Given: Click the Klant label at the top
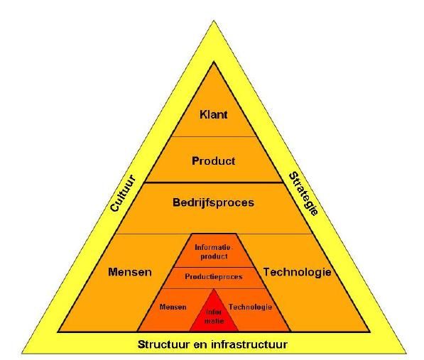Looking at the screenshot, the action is click(x=213, y=114).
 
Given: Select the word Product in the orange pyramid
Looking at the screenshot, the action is click(x=213, y=161).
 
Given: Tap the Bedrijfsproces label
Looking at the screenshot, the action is click(x=213, y=202).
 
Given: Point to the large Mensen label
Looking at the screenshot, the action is click(x=130, y=272).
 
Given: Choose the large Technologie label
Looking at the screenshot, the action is click(x=297, y=272).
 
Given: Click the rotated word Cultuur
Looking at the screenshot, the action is click(x=122, y=193).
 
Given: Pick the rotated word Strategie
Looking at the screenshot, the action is click(x=303, y=194).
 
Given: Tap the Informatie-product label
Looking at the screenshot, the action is click(x=214, y=251).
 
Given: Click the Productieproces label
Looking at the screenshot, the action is click(x=214, y=277).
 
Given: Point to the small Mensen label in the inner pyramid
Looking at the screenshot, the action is click(x=173, y=307).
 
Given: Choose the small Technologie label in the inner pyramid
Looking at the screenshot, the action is click(x=250, y=307).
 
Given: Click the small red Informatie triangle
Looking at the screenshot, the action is click(x=214, y=315).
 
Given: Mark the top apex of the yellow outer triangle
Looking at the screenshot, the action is click(x=214, y=21).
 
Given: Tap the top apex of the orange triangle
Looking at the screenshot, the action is click(x=214, y=62).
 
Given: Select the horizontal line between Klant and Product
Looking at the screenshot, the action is click(x=214, y=136).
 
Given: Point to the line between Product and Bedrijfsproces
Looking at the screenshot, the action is click(x=214, y=182).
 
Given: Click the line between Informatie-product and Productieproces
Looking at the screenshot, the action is click(x=214, y=268).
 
